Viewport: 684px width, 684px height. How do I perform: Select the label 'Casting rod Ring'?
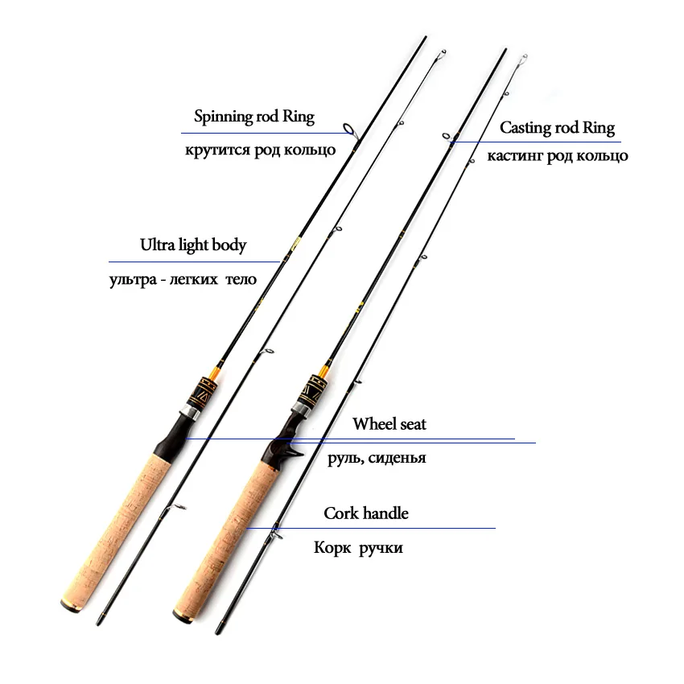point(557,128)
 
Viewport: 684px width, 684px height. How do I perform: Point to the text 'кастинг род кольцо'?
point(558,156)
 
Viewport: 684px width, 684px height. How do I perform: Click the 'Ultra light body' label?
point(193,245)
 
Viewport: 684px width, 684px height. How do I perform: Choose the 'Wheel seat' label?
point(389,423)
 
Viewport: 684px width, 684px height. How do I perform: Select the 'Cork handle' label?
point(366,513)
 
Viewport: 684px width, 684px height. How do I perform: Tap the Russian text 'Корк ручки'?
point(358,548)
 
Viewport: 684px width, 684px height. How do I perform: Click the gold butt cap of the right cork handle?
point(183,617)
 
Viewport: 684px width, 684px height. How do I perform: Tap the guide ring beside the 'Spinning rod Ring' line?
point(348,129)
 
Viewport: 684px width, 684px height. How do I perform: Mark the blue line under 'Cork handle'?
point(370,528)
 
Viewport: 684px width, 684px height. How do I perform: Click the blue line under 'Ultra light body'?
point(193,262)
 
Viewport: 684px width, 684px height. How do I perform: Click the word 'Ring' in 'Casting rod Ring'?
point(598,128)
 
